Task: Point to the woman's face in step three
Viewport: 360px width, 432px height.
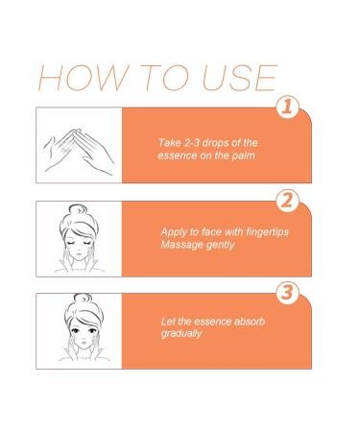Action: [80, 336]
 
